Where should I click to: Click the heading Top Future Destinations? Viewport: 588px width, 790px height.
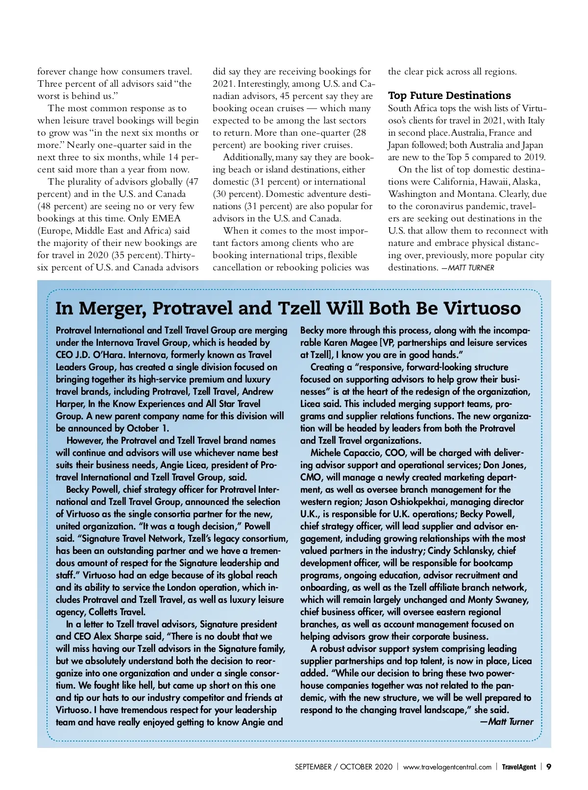click(449, 96)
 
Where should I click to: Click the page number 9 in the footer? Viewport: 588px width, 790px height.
click(549, 766)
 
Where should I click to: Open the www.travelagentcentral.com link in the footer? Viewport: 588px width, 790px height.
click(447, 767)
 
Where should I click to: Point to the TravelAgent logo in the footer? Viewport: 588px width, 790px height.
click(518, 767)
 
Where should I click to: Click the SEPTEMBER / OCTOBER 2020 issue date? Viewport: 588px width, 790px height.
click(343, 767)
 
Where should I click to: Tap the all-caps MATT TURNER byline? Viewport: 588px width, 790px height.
click(471, 268)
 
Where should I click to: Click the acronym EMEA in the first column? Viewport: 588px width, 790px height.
click(166, 218)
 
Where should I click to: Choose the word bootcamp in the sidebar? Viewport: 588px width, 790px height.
click(490, 563)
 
